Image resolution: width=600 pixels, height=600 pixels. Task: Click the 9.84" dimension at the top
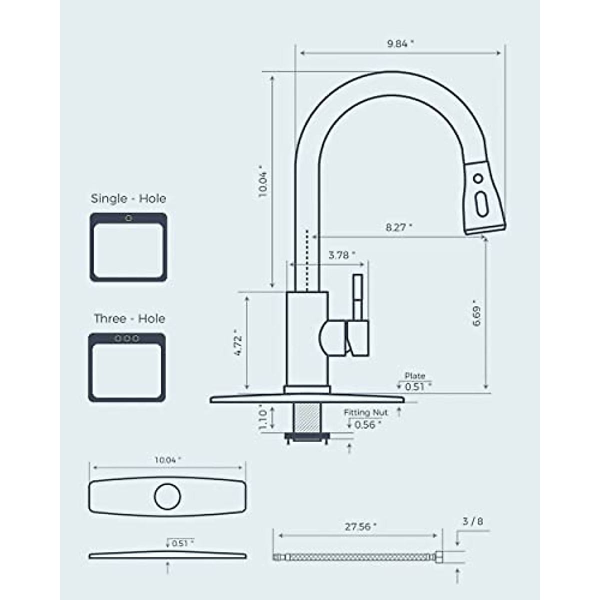tap(400, 43)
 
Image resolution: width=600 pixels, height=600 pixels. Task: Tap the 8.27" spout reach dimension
tap(398, 227)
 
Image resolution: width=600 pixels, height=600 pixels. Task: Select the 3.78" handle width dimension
tap(341, 255)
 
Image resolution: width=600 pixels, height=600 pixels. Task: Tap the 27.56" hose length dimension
tap(360, 526)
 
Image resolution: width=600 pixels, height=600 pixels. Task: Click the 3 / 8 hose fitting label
tap(472, 521)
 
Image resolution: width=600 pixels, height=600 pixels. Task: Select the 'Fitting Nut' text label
tap(365, 412)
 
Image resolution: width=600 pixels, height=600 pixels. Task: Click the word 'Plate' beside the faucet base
tap(415, 376)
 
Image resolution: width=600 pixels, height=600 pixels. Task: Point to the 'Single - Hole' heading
tap(128, 198)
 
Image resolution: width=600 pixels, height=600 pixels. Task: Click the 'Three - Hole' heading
tap(129, 318)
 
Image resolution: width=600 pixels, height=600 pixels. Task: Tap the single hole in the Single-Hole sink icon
tap(128, 218)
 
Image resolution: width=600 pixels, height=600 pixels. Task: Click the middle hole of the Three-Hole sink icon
tap(126, 338)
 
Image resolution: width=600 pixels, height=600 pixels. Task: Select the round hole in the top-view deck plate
tap(167, 496)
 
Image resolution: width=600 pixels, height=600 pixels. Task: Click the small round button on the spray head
tap(478, 178)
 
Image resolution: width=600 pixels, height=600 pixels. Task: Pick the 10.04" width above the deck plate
tap(167, 459)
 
